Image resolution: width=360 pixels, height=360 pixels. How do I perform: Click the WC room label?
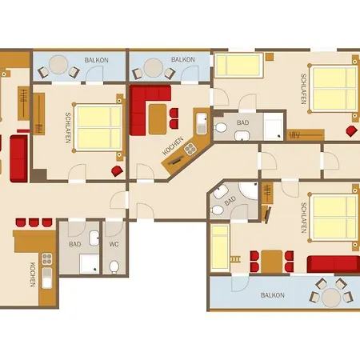(114, 244)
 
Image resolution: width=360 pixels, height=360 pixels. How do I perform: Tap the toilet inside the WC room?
(114, 267)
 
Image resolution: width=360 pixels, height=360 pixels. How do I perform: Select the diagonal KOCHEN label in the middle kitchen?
(173, 146)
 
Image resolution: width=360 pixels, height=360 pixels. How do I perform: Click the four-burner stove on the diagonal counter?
(190, 149)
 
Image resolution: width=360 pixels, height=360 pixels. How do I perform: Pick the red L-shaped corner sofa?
(146, 106)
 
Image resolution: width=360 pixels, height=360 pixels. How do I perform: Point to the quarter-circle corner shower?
(249, 190)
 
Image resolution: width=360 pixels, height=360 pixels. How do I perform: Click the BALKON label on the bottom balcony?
(273, 295)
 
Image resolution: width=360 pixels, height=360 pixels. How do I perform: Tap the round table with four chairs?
(331, 298)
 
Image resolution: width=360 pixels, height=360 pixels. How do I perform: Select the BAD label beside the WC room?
(75, 244)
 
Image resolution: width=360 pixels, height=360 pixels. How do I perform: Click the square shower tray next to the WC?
(90, 264)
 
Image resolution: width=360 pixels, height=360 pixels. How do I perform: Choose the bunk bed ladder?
(235, 259)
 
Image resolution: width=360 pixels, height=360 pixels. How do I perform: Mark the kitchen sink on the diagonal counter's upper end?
(202, 123)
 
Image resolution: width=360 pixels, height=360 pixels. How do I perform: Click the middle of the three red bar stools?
(34, 222)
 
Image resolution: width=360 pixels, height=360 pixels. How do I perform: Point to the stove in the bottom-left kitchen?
(47, 258)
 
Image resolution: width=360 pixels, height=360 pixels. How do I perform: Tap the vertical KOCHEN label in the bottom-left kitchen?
(33, 274)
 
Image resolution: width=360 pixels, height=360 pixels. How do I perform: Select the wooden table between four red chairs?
(272, 262)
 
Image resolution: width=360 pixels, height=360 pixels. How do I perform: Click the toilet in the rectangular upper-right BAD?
(221, 128)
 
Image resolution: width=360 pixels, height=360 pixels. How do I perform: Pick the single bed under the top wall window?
(238, 66)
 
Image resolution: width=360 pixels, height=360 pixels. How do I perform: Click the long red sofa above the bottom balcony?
(333, 264)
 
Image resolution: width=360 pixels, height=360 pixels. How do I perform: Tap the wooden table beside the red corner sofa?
(158, 119)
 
